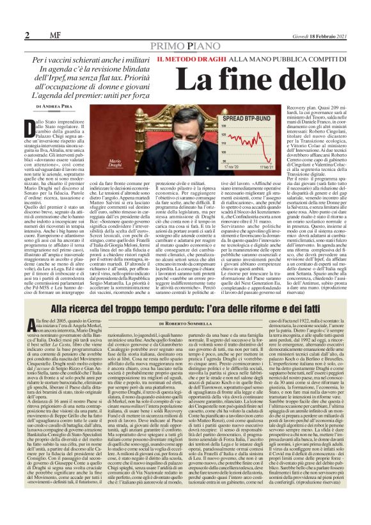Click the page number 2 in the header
coord(10,34)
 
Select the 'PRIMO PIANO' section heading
coord(185,47)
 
